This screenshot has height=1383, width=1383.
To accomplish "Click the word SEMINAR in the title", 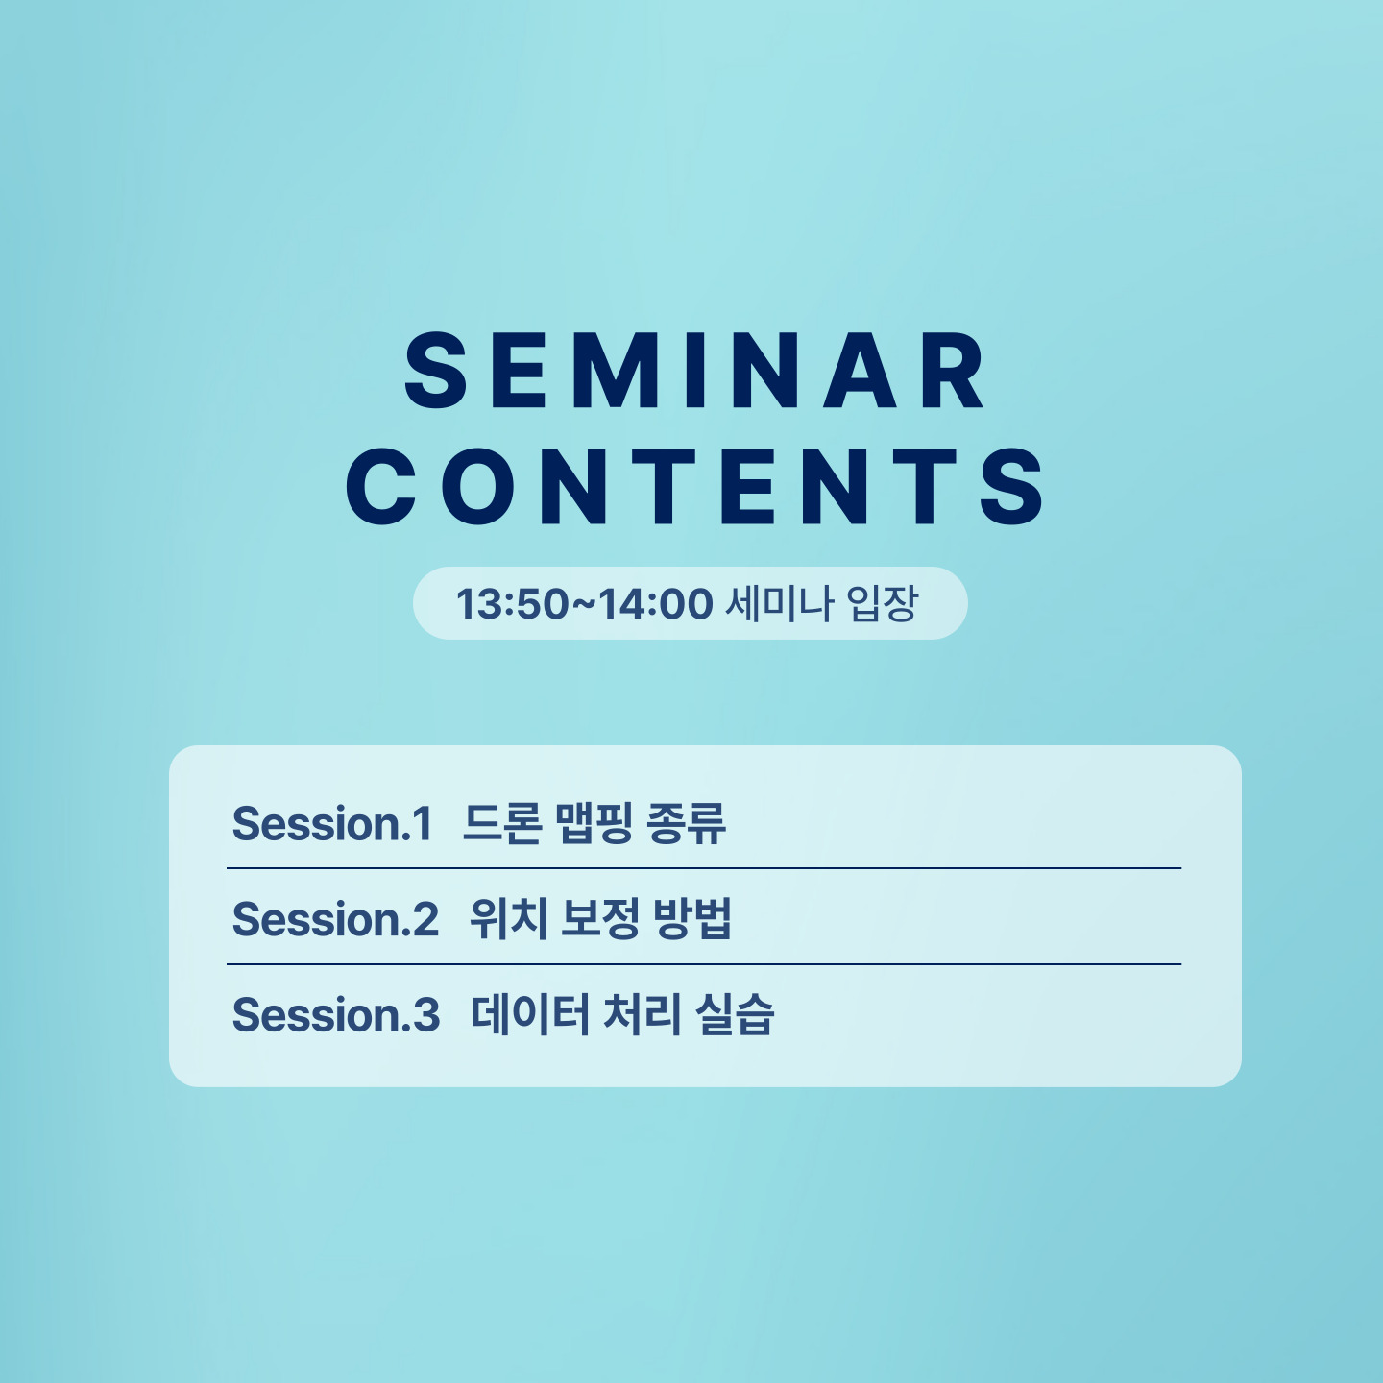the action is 694,371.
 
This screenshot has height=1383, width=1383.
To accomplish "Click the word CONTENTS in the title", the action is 694,486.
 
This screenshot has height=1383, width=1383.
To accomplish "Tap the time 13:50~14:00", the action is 585,603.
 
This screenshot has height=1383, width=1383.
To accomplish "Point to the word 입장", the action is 882,603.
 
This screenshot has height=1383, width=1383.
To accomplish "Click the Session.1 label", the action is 331,823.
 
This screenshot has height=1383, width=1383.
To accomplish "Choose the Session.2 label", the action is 335,919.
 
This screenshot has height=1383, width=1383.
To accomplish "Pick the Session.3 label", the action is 336,1015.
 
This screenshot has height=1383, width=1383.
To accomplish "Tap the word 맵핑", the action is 594,823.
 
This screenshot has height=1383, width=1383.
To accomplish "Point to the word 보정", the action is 600,919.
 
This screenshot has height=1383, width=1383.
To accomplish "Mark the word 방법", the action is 692,919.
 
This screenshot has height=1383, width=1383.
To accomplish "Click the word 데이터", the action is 530,1015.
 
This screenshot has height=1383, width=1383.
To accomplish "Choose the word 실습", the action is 735,1015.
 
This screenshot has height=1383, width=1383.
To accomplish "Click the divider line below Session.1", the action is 704,868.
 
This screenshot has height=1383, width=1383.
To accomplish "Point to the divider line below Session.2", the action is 704,964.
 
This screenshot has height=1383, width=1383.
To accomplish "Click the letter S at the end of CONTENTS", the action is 1012,486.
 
